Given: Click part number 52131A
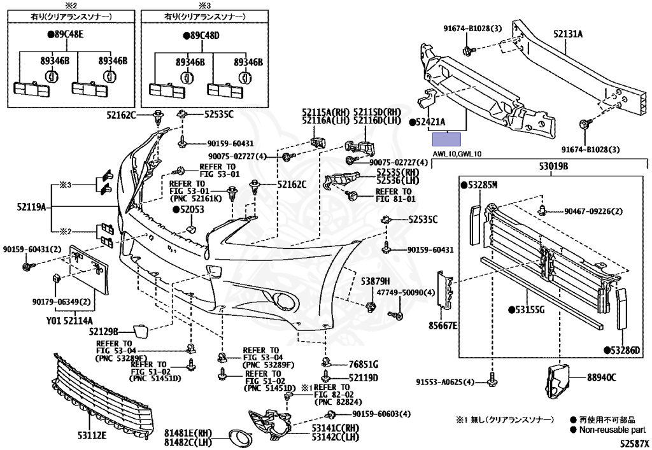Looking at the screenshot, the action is (x=567, y=34).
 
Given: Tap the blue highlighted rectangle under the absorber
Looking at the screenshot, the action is (x=446, y=139).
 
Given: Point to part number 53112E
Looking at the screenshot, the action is (x=92, y=435).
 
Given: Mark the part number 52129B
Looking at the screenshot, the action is (x=103, y=331).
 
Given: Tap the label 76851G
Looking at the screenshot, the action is (x=364, y=365).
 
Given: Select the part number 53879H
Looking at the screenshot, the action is (x=375, y=281).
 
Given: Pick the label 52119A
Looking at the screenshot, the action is (x=31, y=206).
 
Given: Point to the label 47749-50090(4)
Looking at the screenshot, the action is (x=406, y=293).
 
